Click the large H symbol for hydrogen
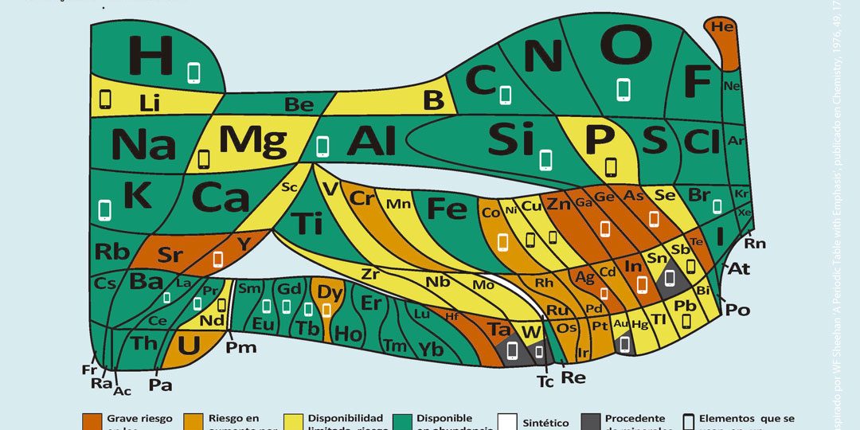coord(150,55)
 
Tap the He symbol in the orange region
coord(722,27)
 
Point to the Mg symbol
coord(252,141)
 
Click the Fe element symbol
coord(447,208)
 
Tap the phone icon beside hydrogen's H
coord(193,72)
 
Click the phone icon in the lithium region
coord(105,100)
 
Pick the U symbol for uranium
coord(188,345)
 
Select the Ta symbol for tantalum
coord(498,330)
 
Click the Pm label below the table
coord(240,346)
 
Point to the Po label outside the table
coord(737,310)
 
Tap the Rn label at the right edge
coord(754,243)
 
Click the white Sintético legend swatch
coord(507,420)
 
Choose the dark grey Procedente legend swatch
coord(590,420)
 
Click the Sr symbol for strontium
coord(170,255)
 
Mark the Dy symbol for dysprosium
coord(330,291)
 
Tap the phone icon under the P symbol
coord(611,167)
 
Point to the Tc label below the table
coord(545,381)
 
